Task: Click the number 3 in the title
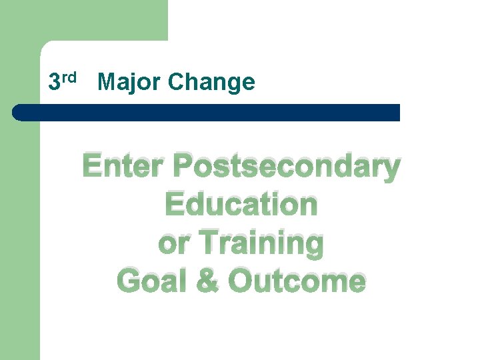(x=55, y=83)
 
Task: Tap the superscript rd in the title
(x=71, y=77)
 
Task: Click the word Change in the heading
(x=211, y=83)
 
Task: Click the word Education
(x=241, y=205)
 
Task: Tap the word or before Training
(x=172, y=244)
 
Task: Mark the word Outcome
(x=297, y=281)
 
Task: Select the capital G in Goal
(x=128, y=281)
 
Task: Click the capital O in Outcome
(x=240, y=281)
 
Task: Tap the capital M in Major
(x=107, y=83)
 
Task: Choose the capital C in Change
(x=176, y=83)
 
